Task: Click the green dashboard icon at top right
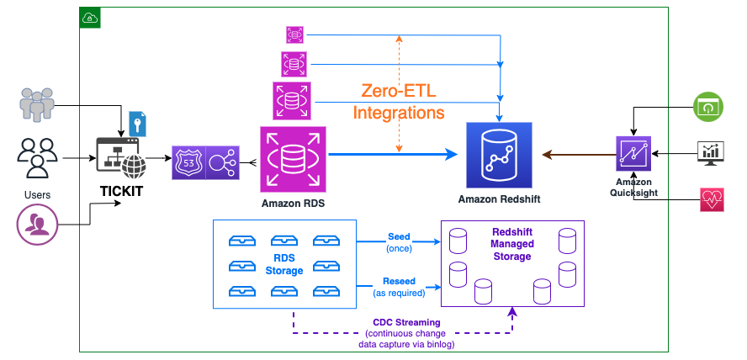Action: pyautogui.click(x=707, y=107)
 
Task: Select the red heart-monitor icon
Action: pyautogui.click(x=707, y=199)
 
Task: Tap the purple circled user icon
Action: pyautogui.click(x=36, y=225)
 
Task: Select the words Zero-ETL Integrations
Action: pyautogui.click(x=398, y=101)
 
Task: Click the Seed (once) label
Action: pyautogui.click(x=399, y=242)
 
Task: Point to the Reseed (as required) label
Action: pyautogui.click(x=398, y=287)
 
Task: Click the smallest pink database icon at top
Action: pyautogui.click(x=294, y=34)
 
